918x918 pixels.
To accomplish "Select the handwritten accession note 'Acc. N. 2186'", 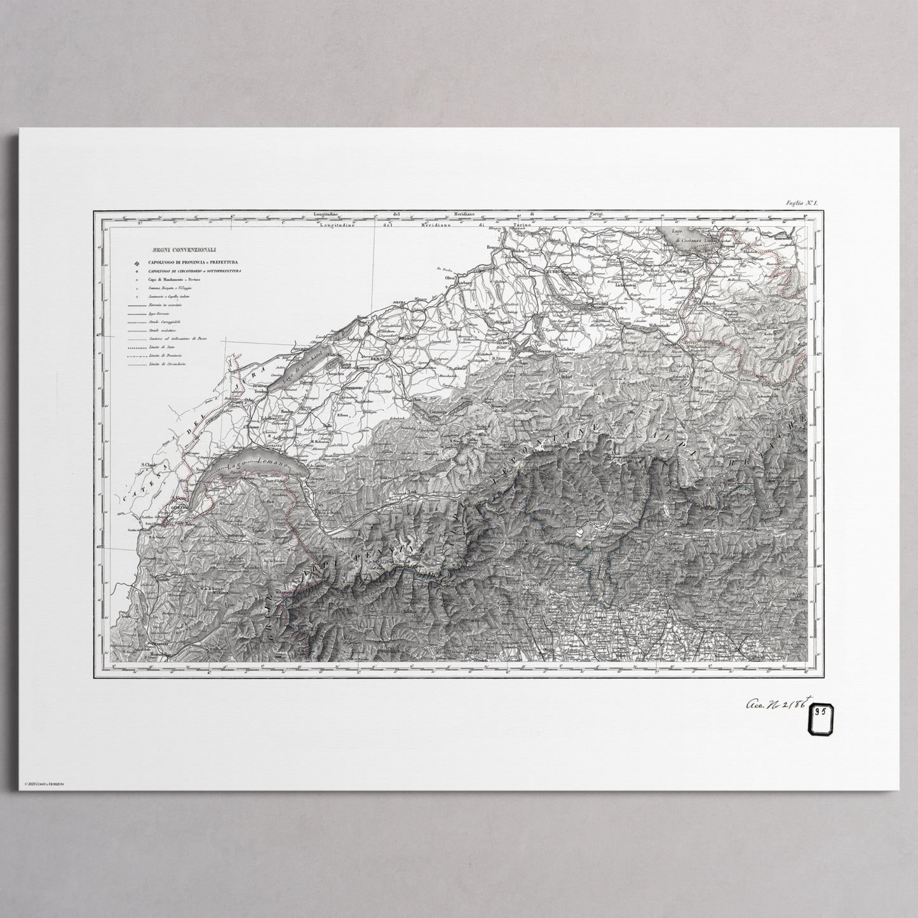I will pyautogui.click(x=774, y=703).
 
